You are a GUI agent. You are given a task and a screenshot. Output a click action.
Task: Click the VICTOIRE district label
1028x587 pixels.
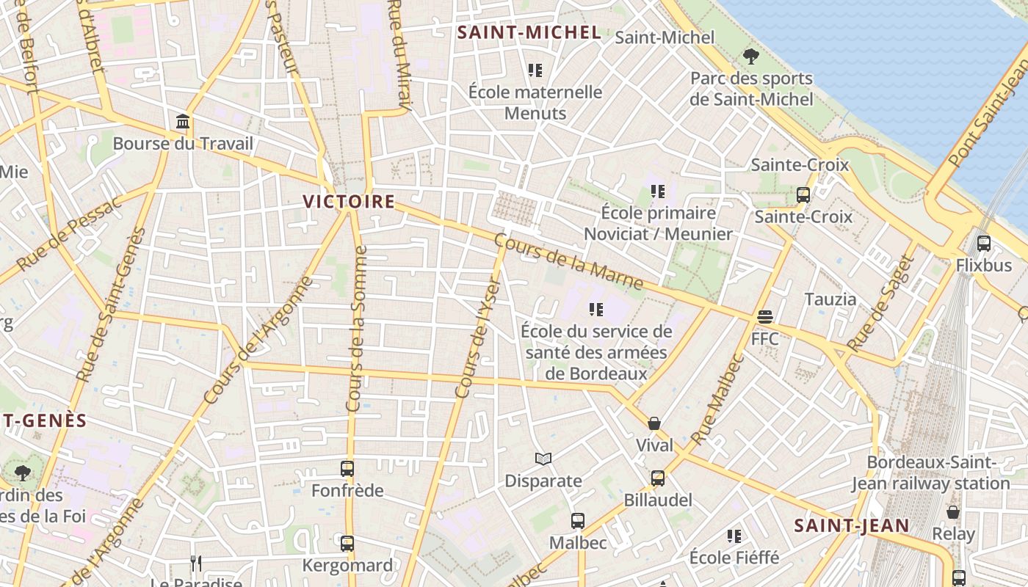(x=350, y=201)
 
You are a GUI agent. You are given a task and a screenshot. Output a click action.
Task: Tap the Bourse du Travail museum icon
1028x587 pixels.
(x=183, y=122)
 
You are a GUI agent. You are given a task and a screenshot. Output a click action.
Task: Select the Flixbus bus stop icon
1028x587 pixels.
(x=984, y=244)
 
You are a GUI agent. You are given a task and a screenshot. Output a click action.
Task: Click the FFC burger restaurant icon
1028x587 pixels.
(x=765, y=317)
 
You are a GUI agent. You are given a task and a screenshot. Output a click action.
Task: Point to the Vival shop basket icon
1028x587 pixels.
(x=654, y=423)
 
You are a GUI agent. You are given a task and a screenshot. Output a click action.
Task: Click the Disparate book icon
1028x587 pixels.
(x=543, y=459)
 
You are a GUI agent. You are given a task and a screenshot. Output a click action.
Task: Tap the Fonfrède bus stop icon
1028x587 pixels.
(x=347, y=468)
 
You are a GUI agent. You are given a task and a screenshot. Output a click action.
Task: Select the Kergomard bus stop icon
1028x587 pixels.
(x=347, y=544)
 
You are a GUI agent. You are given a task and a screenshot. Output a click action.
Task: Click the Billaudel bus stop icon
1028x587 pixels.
(x=658, y=478)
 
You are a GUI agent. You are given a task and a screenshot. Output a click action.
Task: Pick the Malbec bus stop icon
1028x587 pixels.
(x=579, y=521)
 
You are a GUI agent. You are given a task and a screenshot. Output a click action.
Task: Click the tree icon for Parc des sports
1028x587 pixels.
(x=751, y=56)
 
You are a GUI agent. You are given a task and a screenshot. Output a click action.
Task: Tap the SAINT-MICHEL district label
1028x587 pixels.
(x=529, y=32)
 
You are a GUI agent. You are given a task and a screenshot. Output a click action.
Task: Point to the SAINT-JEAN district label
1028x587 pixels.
(x=852, y=525)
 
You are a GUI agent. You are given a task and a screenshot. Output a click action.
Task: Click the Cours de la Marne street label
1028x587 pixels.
(x=569, y=262)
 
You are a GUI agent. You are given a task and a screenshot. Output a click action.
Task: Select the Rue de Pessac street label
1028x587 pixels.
(x=70, y=233)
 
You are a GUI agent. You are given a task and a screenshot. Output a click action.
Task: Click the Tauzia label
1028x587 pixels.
(x=830, y=299)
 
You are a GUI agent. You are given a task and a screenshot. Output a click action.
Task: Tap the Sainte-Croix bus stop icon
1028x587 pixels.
(x=803, y=195)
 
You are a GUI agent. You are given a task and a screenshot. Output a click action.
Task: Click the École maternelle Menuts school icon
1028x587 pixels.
(x=535, y=70)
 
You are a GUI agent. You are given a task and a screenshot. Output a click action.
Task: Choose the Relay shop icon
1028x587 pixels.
(x=953, y=512)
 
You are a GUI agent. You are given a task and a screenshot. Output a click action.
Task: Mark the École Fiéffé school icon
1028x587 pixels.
(x=734, y=536)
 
